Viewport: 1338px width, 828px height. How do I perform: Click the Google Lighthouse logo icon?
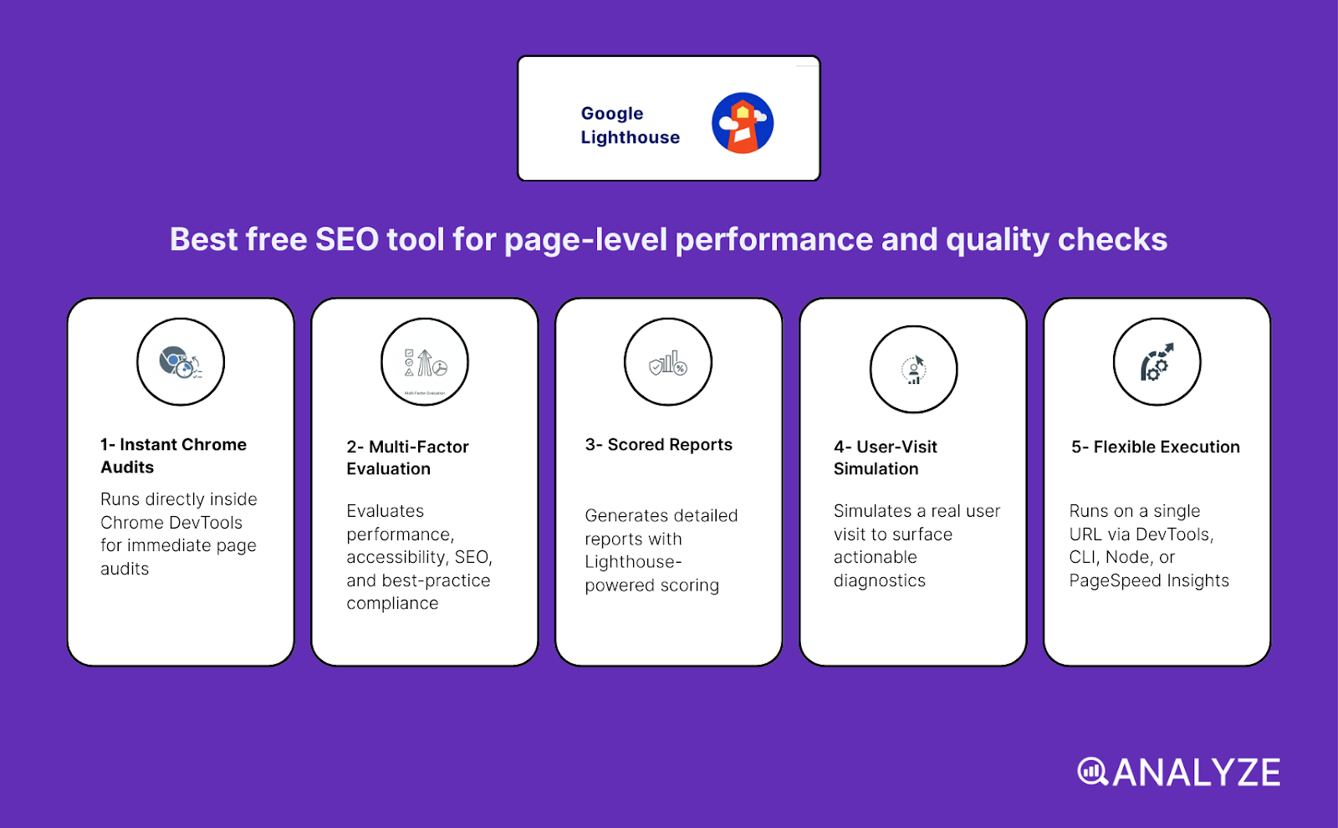743,123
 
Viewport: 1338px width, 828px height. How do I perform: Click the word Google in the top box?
612,114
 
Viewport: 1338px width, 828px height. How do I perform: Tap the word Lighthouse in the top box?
630,138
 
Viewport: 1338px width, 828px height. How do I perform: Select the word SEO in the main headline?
346,240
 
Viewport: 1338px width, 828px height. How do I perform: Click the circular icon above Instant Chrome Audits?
181,362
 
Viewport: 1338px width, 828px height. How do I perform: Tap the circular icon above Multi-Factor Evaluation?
425,362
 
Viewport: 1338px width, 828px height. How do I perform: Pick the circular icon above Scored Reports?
668,362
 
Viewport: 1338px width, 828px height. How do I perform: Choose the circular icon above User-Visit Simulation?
913,369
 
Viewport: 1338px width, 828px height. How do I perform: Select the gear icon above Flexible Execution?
1157,362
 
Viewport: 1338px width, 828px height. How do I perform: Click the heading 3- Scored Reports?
658,445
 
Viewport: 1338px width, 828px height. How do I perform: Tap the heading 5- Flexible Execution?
1156,447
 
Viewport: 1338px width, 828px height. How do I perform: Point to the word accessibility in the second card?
396,558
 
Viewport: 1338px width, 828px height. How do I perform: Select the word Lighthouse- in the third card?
633,562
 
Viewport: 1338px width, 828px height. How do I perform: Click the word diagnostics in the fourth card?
879,581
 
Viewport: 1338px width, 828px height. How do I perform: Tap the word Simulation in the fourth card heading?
876,469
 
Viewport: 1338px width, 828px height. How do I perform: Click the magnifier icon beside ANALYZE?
1092,772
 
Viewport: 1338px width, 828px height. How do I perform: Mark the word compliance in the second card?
392,604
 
